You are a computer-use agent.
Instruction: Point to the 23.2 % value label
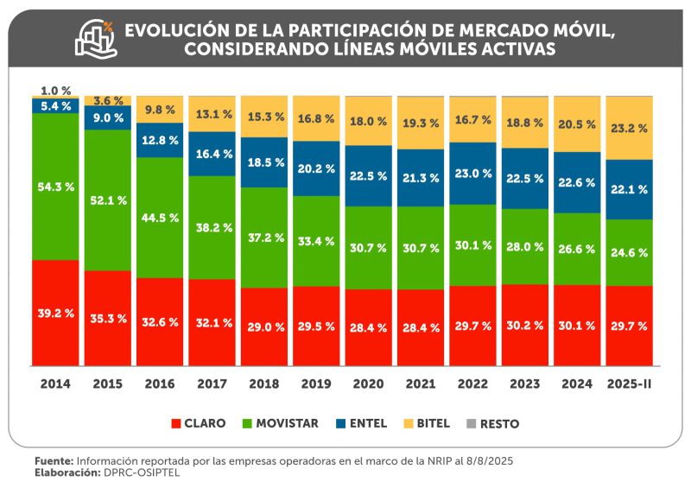(x=630, y=128)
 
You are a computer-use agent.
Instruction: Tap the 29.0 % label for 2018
(x=264, y=328)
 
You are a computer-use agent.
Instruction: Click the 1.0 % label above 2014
(x=56, y=91)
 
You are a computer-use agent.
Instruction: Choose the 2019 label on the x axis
(x=316, y=382)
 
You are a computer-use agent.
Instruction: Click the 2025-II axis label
(x=630, y=382)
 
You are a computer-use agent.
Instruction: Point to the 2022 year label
(x=473, y=382)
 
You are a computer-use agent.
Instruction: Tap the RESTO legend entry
(x=496, y=423)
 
